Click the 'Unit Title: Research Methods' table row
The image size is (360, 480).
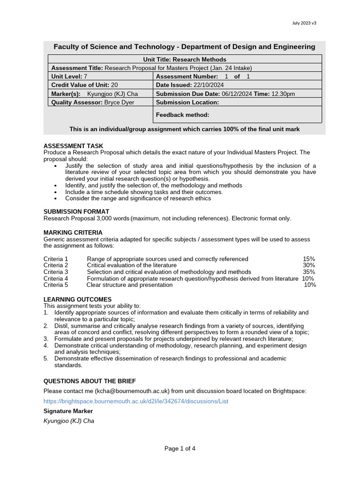tap(185, 60)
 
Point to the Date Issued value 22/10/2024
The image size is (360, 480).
tap(209, 85)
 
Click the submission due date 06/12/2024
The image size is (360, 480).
tap(237, 94)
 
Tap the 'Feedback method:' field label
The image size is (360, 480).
tap(182, 115)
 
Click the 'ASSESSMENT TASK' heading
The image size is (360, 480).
tap(73, 146)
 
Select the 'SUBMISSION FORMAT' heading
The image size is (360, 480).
tap(76, 212)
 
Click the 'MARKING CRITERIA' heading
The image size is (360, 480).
tap(73, 232)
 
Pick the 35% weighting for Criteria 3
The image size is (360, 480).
tap(309, 272)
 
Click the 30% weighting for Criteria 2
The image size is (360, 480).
tap(309, 265)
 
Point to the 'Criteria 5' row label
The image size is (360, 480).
tap(56, 285)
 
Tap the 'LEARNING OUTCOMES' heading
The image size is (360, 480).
tap(77, 299)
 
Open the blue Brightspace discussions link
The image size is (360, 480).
tap(136, 402)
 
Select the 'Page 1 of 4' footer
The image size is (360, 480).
tap(180, 449)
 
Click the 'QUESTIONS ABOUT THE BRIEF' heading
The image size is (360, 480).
tap(90, 381)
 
